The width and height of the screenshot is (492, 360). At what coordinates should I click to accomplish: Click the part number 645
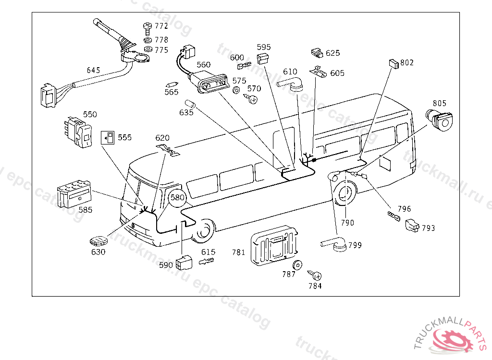pos(93,70)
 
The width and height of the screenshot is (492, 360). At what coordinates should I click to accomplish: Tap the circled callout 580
pos(177,198)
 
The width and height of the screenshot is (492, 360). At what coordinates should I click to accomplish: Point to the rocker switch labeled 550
pos(78,132)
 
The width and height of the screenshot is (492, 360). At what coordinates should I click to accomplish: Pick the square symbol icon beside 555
pos(108,138)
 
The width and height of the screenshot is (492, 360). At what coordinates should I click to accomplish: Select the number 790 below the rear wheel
pos(347,223)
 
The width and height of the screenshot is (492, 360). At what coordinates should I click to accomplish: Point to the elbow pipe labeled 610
pos(290,84)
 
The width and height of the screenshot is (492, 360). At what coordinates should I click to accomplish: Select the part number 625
pos(332,53)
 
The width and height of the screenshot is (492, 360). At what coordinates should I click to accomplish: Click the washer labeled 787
pos(297,265)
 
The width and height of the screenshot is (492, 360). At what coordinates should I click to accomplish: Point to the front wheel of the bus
pos(204,231)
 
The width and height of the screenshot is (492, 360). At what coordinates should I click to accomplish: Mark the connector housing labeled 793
pos(412,225)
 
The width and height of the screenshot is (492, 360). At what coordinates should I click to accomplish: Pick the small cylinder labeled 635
pos(190,104)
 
